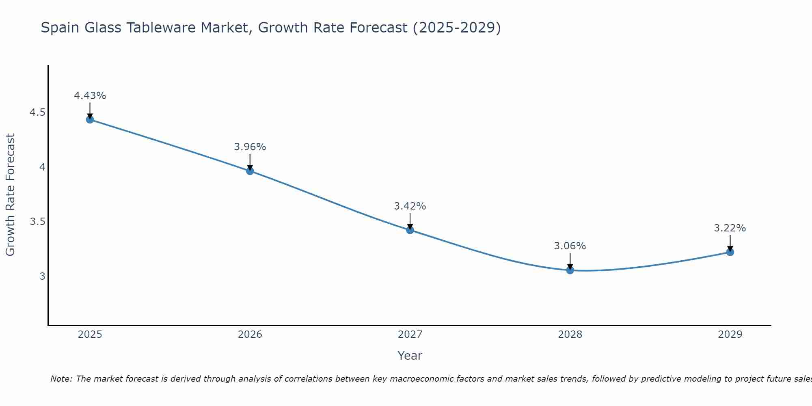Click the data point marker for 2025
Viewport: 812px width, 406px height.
pos(90,119)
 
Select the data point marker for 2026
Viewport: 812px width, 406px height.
pos(250,171)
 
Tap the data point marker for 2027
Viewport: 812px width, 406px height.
pos(410,230)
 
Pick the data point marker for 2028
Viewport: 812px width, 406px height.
pos(570,270)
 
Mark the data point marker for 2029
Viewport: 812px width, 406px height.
pos(730,252)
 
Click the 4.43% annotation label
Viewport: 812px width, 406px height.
pos(90,96)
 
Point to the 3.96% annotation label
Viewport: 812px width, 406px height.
pos(250,147)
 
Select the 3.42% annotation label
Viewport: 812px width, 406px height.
pos(410,206)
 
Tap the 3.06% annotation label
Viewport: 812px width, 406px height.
pos(570,246)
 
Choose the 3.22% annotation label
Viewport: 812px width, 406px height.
pos(730,228)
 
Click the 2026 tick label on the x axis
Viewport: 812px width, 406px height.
pos(250,335)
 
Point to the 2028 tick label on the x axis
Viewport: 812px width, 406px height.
pos(570,335)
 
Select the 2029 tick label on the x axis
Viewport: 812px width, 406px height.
pos(730,335)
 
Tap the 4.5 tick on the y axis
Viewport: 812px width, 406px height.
pos(37,112)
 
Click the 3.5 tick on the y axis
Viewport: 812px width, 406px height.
pos(37,222)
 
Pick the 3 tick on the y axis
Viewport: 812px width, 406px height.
pos(42,276)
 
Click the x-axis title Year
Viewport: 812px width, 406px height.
pos(410,356)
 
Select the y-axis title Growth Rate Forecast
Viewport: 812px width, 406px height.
pos(11,195)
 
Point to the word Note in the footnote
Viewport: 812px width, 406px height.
pos(61,379)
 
